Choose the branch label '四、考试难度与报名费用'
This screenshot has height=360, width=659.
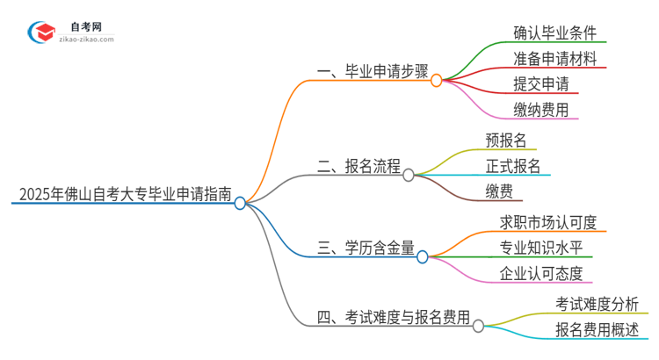(x=394, y=317)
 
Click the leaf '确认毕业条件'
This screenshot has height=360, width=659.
(x=555, y=33)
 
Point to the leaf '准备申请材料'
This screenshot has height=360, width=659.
(x=555, y=59)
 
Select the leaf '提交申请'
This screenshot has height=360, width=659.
(x=540, y=84)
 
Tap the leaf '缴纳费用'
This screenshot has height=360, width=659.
(x=540, y=110)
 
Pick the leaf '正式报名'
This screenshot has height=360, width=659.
(x=513, y=166)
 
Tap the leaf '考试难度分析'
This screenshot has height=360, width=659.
(x=597, y=304)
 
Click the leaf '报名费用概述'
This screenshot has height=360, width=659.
(x=597, y=329)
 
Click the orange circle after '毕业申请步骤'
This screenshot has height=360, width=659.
(x=436, y=80)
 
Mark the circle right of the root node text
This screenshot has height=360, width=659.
(x=240, y=202)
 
